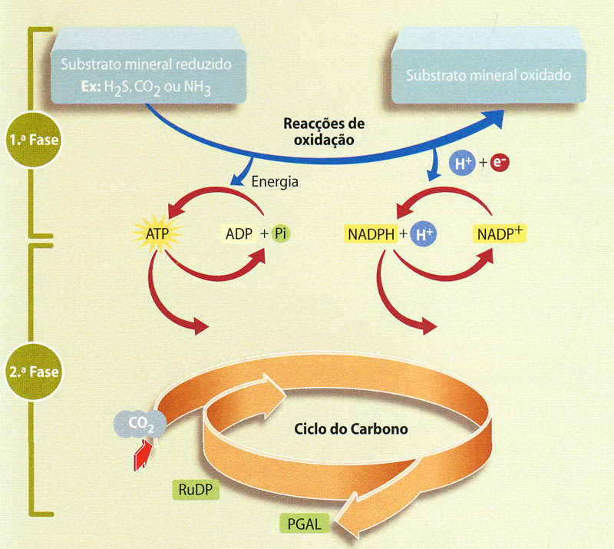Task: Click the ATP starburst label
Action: coord(157,234)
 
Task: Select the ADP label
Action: coord(239,234)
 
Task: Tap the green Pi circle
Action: coord(280,233)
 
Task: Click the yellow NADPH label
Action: coord(371,234)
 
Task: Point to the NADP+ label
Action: coord(500,234)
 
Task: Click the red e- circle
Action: coord(500,162)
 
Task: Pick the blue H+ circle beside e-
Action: coord(463,163)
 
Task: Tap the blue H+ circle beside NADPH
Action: coord(424,234)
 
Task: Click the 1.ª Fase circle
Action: coord(34,140)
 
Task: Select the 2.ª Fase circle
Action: coord(34,372)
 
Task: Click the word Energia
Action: coord(275,182)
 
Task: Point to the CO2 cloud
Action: coord(140,424)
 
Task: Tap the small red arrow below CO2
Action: coord(143,455)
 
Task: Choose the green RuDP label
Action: coord(196,489)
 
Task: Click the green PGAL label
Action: coord(305,524)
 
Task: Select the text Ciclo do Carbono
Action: coord(351,428)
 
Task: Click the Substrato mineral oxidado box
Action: coord(489,65)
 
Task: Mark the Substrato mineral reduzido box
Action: coord(148,65)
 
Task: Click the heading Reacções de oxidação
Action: coord(324,131)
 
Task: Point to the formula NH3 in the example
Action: coord(197,88)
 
